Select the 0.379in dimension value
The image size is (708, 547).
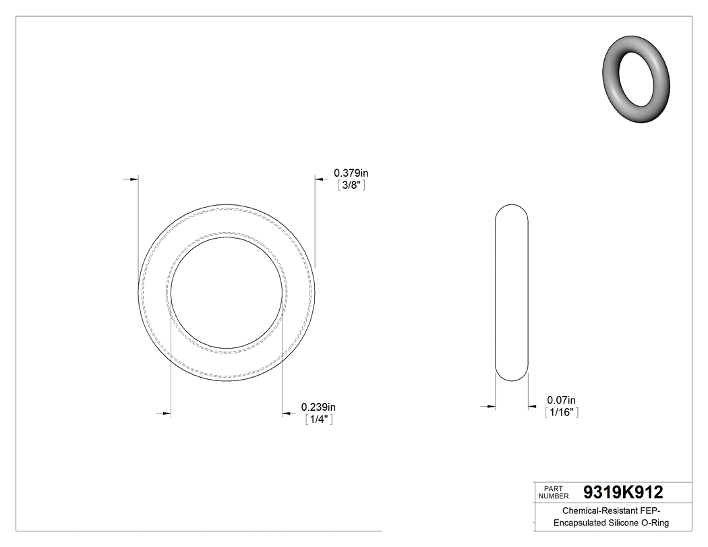[x=351, y=173]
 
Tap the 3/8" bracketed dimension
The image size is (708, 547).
[x=351, y=185]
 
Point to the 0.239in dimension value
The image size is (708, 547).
[x=318, y=407]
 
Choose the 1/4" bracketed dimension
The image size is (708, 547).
[x=318, y=419]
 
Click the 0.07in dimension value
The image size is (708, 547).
[x=562, y=401]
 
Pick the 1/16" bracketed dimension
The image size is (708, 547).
[x=562, y=413]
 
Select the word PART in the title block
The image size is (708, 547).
[x=553, y=488]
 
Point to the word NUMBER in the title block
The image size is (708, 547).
[x=554, y=496]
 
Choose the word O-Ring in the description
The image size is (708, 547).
[x=656, y=523]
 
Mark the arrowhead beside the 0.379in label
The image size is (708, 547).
[x=319, y=179]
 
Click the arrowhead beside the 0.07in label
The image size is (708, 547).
[x=532, y=406]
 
